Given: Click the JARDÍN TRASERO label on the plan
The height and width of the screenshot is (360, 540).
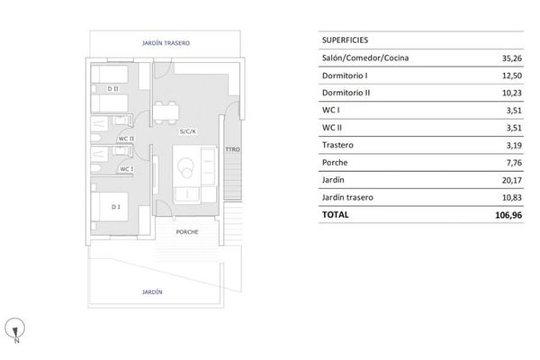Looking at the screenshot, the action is [166, 43].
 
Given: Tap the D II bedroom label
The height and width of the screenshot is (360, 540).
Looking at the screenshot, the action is [113, 89].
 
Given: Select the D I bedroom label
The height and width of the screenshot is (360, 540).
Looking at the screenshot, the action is [116, 207].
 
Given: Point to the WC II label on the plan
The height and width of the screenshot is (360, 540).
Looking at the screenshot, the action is [126, 139].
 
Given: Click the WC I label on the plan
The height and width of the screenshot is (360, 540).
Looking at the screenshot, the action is [127, 169].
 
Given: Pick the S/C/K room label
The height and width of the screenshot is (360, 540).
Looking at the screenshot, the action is [188, 131].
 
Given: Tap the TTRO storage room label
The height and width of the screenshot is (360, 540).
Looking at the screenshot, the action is [233, 149].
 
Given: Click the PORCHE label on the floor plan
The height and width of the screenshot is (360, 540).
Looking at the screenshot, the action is [187, 232].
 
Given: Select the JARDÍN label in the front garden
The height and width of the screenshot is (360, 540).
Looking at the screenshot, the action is [152, 292].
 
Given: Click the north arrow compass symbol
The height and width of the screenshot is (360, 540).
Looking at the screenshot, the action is [14, 328].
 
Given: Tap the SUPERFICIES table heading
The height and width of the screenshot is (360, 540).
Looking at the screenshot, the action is [345, 40].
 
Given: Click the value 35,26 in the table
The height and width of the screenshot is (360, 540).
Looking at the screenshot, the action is [512, 58].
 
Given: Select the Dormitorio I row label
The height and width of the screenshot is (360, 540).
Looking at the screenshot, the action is [345, 76].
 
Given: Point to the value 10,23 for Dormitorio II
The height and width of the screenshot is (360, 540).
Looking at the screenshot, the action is [512, 93].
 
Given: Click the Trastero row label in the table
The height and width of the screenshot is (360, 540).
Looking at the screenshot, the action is [337, 145].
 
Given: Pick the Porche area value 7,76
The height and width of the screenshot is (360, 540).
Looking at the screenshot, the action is [514, 163].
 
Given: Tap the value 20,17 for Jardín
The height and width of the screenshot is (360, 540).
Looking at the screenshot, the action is [512, 180].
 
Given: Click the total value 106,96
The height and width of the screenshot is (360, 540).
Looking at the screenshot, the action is [508, 215].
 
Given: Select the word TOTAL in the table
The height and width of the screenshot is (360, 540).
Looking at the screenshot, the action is [336, 214].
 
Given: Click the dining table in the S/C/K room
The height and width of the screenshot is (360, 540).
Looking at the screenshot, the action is [166, 112].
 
